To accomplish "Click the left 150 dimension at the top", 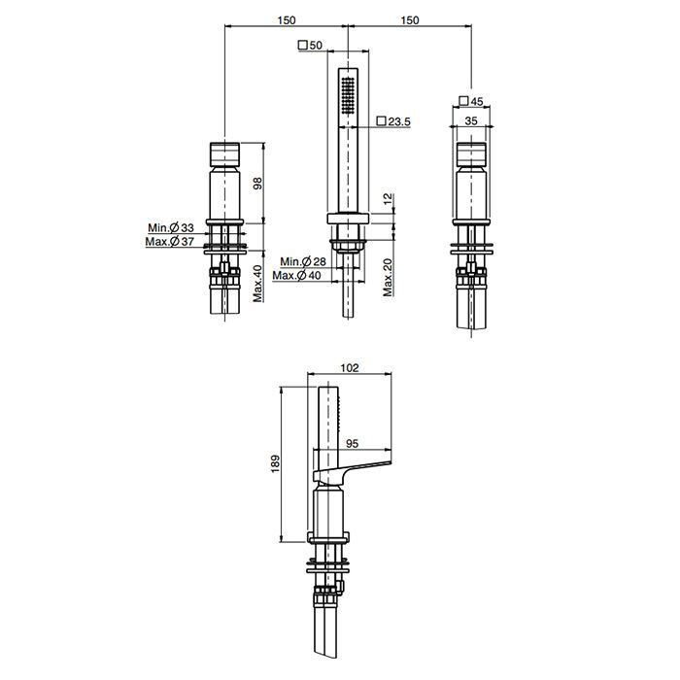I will tap(286, 19).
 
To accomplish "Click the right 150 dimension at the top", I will tap(409, 19).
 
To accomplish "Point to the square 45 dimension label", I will tap(471, 101).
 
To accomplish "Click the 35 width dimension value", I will tap(471, 120).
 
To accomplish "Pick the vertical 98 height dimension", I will tap(257, 185).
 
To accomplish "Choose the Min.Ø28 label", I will tap(303, 262).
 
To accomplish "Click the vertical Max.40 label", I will tap(257, 283).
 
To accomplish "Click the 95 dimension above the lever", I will tap(353, 443).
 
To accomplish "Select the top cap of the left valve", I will tap(225, 154).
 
